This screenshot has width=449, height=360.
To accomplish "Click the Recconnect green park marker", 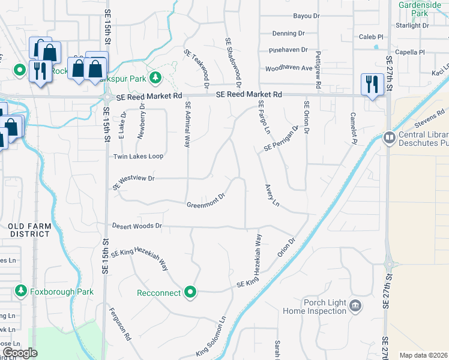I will click(191, 292).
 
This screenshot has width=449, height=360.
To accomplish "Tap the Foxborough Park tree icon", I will click(21, 292).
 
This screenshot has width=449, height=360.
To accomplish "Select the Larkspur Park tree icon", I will click(155, 77).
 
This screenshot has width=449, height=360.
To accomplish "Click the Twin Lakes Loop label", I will click(138, 156).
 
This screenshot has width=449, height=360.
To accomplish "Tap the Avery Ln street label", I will click(272, 196).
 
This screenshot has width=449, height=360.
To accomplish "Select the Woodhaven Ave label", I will click(289, 68).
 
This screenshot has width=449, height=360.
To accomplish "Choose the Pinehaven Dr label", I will click(288, 50).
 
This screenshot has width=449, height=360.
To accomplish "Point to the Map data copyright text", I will click(423, 355).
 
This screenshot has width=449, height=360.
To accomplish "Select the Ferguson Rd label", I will click(120, 325).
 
